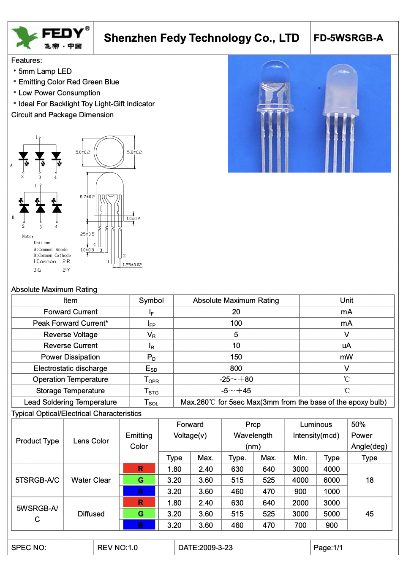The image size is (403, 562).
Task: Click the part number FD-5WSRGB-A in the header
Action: pos(349,38)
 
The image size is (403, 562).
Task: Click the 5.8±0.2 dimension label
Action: pos(134,152)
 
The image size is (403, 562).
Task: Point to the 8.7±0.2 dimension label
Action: pos(87,197)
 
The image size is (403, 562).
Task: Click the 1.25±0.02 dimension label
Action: pos(132,265)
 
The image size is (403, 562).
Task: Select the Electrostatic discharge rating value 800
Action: pos(236,368)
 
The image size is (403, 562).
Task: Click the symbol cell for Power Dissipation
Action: pos(151,357)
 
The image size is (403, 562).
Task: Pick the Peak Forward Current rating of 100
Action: pos(236,323)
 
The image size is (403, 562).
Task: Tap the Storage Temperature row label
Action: pos(70,391)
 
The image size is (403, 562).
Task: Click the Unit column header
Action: pos(346,300)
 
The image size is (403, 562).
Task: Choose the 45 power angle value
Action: pos(369,514)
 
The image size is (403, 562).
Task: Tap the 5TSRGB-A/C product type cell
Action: pos(37,480)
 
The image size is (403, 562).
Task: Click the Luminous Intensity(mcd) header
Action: pos(316,430)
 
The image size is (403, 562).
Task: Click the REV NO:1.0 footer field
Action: pos(117,548)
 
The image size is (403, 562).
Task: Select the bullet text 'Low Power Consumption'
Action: pos(59,93)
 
